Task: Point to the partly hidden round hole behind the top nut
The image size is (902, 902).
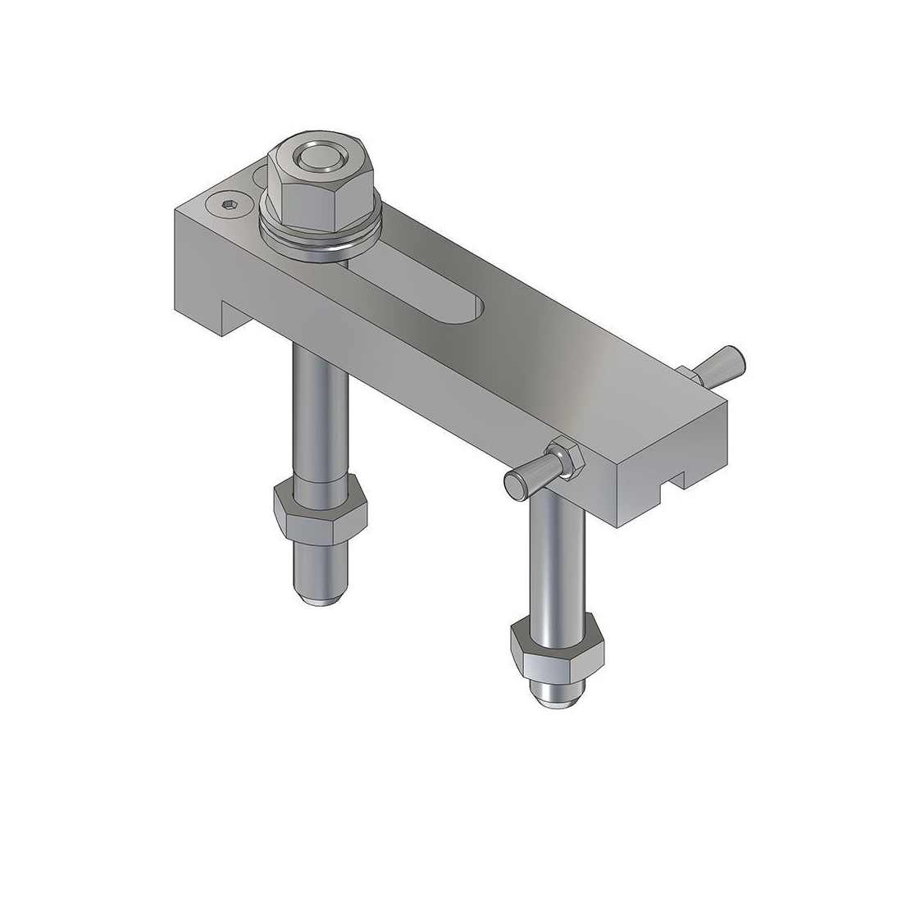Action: click(x=261, y=175)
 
